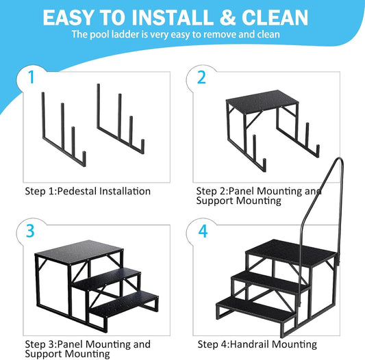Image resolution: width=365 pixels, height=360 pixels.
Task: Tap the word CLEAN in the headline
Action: [x=275, y=18]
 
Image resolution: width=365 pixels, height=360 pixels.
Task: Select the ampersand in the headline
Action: [x=227, y=18]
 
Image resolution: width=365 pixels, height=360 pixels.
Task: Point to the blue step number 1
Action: [x=31, y=77]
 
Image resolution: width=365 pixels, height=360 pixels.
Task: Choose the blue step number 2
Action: [x=201, y=77]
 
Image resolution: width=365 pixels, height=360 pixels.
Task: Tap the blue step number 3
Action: [x=30, y=231]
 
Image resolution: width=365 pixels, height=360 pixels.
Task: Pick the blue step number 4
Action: [x=203, y=231]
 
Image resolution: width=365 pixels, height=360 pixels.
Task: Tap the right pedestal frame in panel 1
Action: [x=121, y=119]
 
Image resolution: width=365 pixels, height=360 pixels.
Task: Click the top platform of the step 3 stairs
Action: [x=79, y=253]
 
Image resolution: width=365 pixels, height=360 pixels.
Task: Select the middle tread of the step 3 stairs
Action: [x=107, y=279]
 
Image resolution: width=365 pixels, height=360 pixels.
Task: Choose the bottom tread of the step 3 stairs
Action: [x=125, y=304]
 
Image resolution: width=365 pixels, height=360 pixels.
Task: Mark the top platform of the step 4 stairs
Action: [x=292, y=252]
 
